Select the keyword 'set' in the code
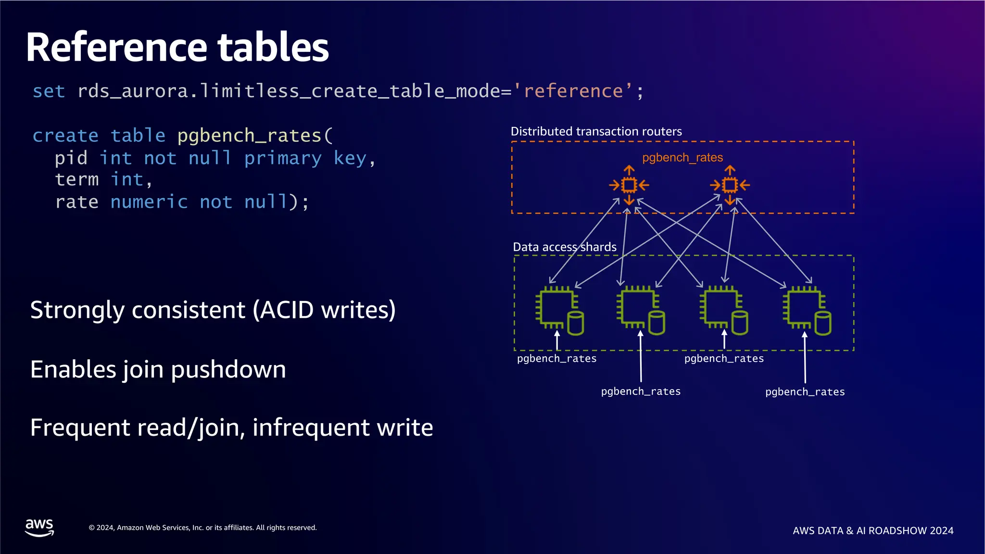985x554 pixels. pyautogui.click(x=49, y=91)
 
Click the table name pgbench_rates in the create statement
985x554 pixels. pyautogui.click(x=249, y=136)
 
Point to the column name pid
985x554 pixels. pyautogui.click(x=71, y=158)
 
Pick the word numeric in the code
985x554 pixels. pyautogui.click(x=149, y=202)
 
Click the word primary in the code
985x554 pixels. pyautogui.click(x=283, y=158)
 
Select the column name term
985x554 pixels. pyautogui.click(x=76, y=180)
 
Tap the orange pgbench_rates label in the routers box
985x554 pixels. pyautogui.click(x=682, y=158)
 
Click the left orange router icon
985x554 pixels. pyautogui.click(x=629, y=185)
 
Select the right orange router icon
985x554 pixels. pyautogui.click(x=730, y=185)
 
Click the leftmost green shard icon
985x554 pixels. pyautogui.click(x=559, y=311)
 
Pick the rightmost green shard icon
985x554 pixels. pyautogui.click(x=807, y=311)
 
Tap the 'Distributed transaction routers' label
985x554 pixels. pyautogui.click(x=596, y=132)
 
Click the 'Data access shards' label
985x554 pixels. pyautogui.click(x=564, y=247)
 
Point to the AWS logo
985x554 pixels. pyautogui.click(x=39, y=528)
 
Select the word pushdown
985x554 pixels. pyautogui.click(x=228, y=370)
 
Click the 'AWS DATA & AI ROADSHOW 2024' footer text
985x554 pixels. pyautogui.click(x=872, y=531)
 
